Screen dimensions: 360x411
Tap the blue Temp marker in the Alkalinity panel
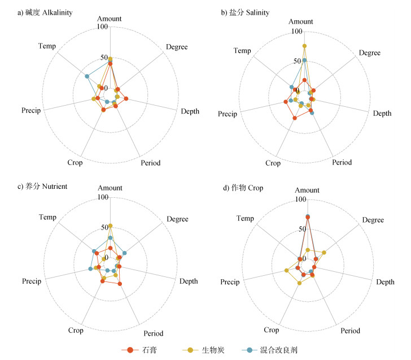pos(87,76)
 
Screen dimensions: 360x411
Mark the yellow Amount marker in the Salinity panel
pos(304,46)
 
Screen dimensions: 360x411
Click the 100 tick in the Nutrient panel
pos(103,197)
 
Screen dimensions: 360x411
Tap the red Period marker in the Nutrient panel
pos(120,284)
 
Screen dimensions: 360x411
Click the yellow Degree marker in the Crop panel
pos(324,252)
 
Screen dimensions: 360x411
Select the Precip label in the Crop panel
pos(230,282)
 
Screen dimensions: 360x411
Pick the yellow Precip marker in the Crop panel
pos(287,271)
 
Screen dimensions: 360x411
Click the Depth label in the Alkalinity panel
pos(190,111)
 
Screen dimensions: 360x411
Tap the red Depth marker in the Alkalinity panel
pos(126,99)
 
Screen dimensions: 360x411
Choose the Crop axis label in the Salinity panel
pos(273,163)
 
